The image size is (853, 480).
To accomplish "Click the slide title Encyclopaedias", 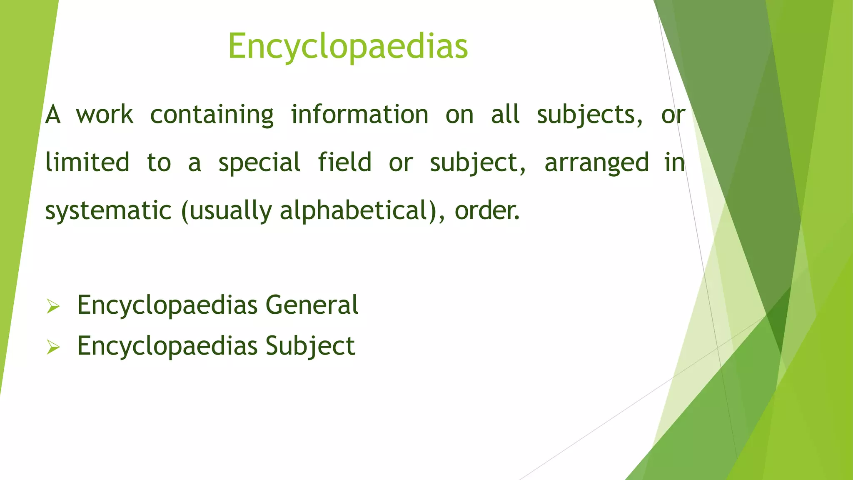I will [348, 47].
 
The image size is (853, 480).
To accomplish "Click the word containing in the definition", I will [212, 115].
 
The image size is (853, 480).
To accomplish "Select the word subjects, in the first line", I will [589, 115].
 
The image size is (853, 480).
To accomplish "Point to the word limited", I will [87, 162].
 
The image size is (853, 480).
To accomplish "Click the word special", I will [259, 163].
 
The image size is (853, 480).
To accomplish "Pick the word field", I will [344, 162].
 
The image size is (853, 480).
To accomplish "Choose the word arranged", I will [596, 163].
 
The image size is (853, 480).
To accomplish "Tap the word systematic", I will [108, 211].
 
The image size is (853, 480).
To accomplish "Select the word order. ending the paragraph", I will [487, 211].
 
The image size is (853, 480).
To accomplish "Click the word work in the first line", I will [105, 115].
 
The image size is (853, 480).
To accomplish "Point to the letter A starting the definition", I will [53, 115].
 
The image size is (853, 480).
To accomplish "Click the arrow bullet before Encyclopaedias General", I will [53, 307].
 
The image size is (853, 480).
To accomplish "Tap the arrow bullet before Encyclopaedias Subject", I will [53, 347].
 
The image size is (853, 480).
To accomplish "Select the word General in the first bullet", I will [312, 305].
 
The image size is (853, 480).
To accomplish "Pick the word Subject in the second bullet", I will [310, 346].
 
